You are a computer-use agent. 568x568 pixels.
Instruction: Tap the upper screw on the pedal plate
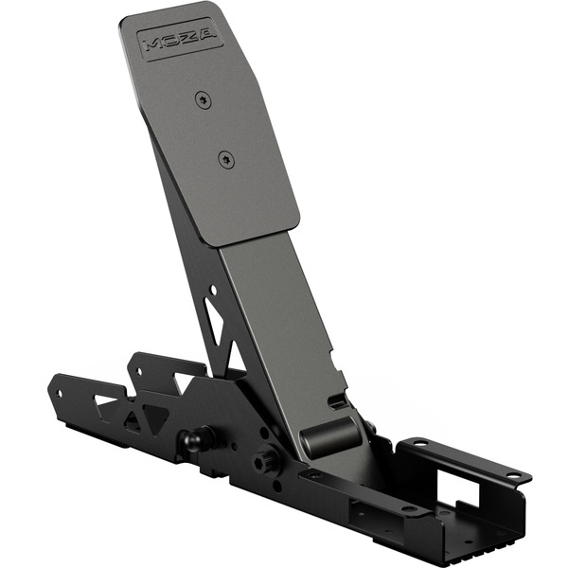200,98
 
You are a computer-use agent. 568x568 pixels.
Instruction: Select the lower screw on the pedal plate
225,159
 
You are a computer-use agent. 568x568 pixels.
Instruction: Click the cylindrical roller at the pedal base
327,438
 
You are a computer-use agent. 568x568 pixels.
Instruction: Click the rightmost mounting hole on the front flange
512,474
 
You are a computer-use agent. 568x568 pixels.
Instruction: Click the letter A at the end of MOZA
207,35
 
